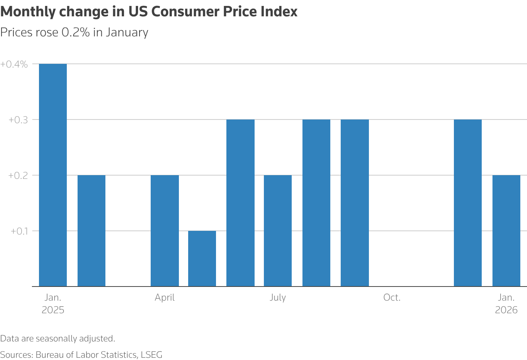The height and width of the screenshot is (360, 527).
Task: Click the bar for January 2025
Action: (53, 175)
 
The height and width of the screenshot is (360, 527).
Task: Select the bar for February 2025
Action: (91, 230)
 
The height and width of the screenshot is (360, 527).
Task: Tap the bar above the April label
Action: (165, 230)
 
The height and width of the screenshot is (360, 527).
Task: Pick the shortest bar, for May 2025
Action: (202, 258)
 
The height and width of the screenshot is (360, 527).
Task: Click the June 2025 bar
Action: (240, 203)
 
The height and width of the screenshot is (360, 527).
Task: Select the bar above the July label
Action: (278, 230)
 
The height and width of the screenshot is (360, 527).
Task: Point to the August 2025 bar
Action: (316, 203)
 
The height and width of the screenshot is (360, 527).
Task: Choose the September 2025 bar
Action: (355, 203)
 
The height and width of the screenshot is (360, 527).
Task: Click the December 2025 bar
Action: (468, 203)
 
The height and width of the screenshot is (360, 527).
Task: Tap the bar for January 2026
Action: (506, 230)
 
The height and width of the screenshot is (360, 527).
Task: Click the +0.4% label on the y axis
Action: (14, 64)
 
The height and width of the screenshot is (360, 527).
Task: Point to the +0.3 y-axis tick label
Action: (19, 120)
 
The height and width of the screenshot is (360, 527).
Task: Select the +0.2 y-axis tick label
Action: (19, 176)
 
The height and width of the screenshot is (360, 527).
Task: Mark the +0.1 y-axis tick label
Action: (19, 231)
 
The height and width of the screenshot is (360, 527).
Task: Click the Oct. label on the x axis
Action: (392, 298)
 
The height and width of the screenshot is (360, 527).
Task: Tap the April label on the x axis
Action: (165, 298)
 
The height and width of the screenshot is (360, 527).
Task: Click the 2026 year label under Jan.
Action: (506, 310)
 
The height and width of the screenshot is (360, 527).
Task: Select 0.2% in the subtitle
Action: (76, 32)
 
